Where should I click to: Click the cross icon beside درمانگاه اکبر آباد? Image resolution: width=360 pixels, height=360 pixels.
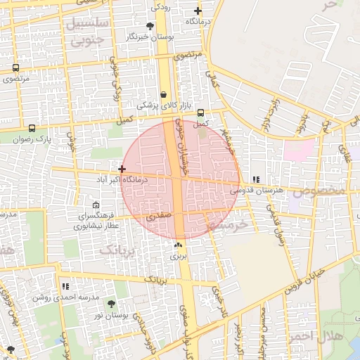tap(122, 169)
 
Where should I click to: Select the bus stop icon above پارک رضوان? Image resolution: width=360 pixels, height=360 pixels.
tap(32, 129)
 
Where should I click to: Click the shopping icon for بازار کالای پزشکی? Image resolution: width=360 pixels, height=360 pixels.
tap(163, 94)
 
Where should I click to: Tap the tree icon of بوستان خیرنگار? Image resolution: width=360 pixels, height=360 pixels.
tap(150, 25)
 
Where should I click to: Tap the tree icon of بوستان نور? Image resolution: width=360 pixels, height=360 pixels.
tap(111, 304)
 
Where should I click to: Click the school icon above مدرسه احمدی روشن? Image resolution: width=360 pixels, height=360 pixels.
tap(65, 287)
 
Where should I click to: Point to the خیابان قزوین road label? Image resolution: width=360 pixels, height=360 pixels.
tap(302, 281)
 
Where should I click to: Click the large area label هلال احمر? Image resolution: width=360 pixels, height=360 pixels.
tap(340, 335)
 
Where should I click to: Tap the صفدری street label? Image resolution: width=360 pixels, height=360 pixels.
tap(159, 219)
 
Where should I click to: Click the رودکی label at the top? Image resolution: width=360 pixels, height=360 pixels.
tap(160, 7)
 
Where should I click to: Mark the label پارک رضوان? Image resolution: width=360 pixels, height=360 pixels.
tap(35, 139)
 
